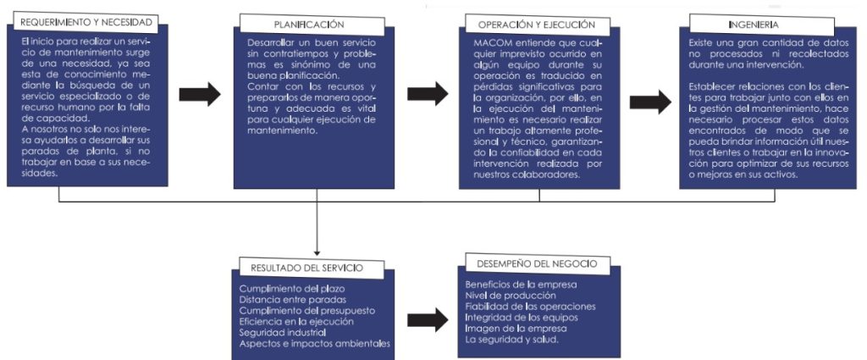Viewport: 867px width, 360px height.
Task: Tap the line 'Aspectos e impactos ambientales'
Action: pos(315,344)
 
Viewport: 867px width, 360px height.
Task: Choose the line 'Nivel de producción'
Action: pos(508,296)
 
